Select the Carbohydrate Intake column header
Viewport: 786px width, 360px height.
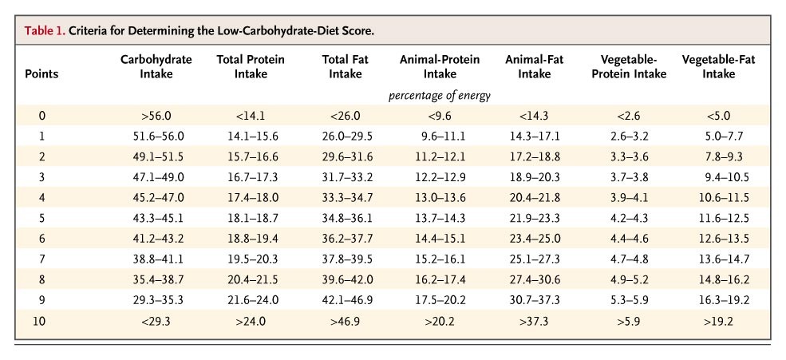pos(156,67)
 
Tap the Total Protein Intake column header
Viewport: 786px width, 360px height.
pos(250,67)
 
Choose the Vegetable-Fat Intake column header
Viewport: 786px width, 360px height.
pos(718,67)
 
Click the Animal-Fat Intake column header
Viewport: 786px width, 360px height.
pos(535,67)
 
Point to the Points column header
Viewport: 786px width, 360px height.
pos(41,74)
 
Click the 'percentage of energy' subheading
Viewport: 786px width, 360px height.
pos(439,96)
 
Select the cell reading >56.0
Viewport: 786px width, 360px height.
pos(156,116)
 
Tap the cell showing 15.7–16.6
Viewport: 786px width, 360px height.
pos(252,156)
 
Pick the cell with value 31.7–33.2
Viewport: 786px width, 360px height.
pos(347,177)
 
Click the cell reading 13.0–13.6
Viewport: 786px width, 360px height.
pos(440,197)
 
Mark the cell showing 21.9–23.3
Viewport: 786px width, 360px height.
pos(535,218)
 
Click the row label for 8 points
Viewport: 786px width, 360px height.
pos(41,279)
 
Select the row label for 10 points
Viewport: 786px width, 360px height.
pos(39,321)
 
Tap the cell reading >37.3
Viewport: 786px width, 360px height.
pos(535,321)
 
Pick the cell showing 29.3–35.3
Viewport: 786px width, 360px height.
pos(156,300)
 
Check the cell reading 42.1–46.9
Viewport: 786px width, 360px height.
pos(347,300)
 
